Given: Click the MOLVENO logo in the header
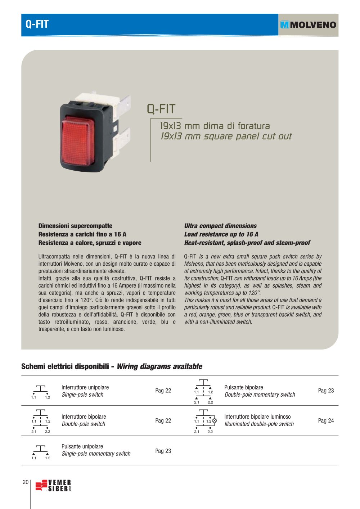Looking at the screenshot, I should coord(308,25).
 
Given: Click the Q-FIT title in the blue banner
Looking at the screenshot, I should coord(37,24).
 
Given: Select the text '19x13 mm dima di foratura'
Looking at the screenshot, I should coord(215,126).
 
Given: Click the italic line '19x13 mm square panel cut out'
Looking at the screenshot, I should coord(226,136).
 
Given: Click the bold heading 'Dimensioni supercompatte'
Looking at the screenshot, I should coord(75,226).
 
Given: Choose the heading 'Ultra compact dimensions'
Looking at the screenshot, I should coord(220,226).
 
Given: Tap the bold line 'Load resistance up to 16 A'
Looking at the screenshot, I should coord(221,234).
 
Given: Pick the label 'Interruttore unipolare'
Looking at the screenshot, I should coord(85,387).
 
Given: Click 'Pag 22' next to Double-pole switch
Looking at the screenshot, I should coord(163,420).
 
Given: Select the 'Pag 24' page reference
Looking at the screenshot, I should coord(326,420).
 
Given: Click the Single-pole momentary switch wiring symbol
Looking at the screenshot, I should coord(40,451).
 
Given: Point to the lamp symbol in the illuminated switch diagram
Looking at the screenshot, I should coord(215,420).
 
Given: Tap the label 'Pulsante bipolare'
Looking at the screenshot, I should coord(243,387).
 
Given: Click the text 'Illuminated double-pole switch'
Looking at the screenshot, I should coord(259,424).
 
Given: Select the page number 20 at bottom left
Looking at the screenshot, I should coord(26,482).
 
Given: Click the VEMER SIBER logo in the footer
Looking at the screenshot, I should coord(53,486).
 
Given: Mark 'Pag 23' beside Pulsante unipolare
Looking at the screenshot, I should coord(163,451).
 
